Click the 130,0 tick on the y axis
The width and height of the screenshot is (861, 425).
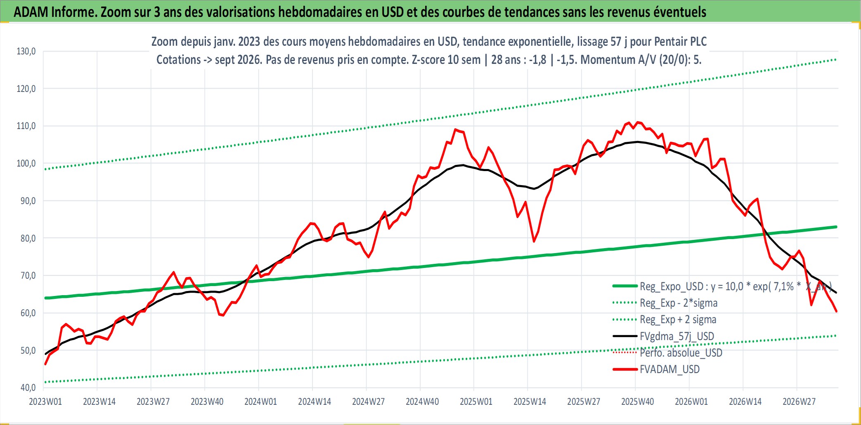[26, 52]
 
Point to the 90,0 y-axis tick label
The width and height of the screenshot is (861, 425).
[26, 201]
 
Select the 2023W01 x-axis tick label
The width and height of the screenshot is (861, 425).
[45, 402]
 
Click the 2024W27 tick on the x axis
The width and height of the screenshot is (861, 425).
[368, 402]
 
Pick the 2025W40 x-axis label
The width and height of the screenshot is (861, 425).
[637, 402]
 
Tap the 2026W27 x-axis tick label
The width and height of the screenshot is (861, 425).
[799, 402]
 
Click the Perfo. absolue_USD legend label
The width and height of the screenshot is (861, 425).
[681, 353]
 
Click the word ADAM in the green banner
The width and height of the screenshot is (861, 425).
[31, 12]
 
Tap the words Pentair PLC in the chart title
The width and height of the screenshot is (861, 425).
[681, 42]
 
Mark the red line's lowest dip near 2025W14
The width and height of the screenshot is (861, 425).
[534, 242]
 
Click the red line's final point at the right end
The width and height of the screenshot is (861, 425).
[837, 312]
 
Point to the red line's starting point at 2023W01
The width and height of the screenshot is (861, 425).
[45, 364]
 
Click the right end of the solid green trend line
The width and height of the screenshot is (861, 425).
[836, 227]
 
